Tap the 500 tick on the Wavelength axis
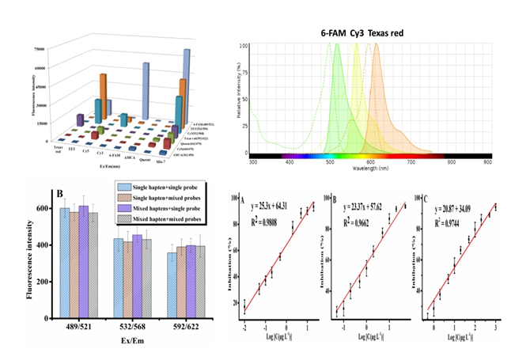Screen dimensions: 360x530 331,161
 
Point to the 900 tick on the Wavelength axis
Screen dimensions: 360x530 488,161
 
